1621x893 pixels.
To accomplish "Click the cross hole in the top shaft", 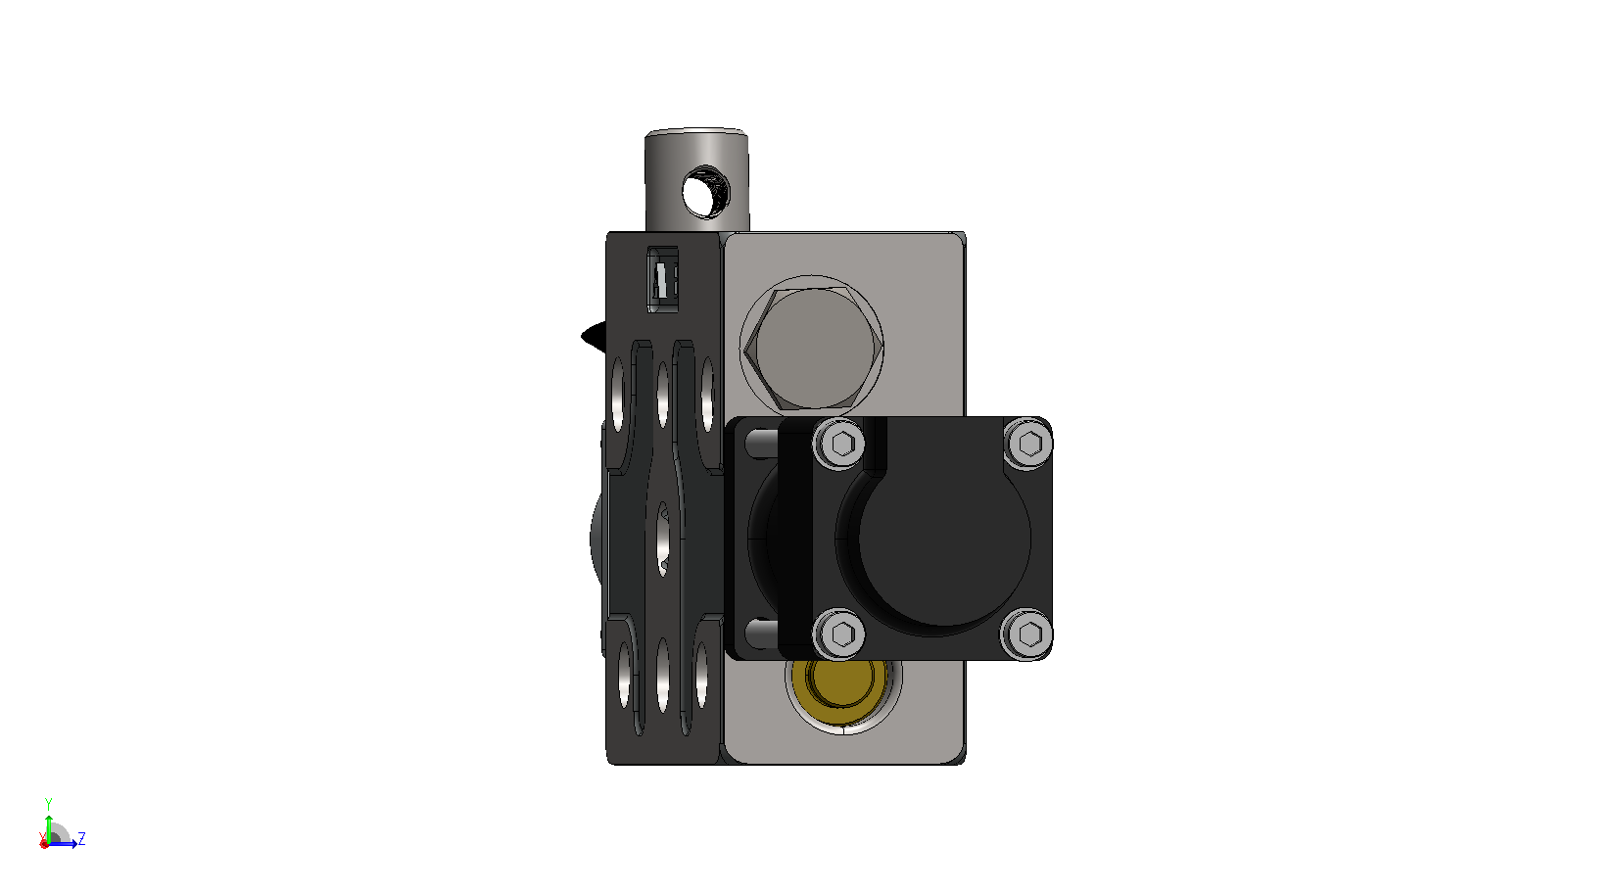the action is [x=705, y=192].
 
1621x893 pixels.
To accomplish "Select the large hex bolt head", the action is [x=813, y=348].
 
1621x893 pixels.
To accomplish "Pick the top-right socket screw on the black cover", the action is [x=1029, y=443].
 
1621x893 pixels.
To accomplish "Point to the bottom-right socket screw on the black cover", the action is [x=1028, y=634].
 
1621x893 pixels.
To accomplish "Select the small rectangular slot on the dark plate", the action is [x=662, y=279].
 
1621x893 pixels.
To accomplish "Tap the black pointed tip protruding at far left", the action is [x=594, y=336].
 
